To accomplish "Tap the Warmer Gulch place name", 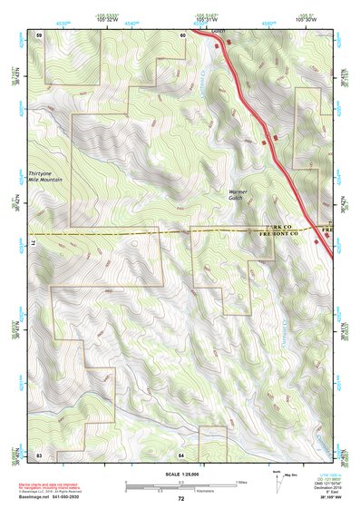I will [238, 196].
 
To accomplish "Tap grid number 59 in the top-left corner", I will [39, 34].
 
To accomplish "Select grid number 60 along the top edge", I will [182, 34].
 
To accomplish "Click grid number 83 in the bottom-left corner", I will [39, 453].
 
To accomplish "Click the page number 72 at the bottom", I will [180, 499].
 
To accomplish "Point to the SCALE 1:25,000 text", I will [180, 474].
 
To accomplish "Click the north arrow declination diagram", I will [277, 480].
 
